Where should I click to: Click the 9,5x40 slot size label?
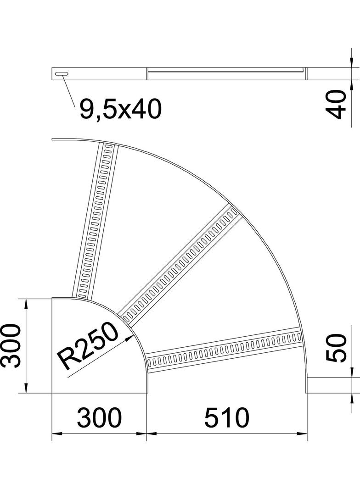pyautogui.click(x=120, y=110)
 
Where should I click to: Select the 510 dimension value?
pyautogui.click(x=227, y=417)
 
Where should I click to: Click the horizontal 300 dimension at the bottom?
pyautogui.click(x=99, y=417)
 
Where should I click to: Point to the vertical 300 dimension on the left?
pyautogui.click(x=11, y=345)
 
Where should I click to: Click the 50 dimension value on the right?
pyautogui.click(x=336, y=348)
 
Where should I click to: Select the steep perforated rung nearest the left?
pyautogui.click(x=95, y=221)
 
